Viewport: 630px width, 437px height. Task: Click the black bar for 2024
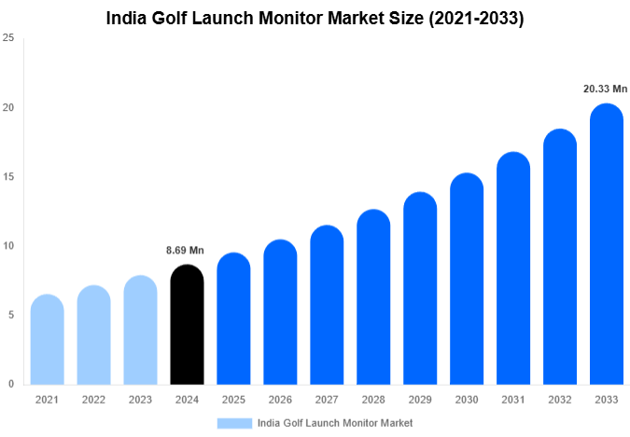point(187,325)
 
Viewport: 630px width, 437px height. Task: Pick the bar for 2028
point(373,297)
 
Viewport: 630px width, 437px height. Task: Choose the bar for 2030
point(467,280)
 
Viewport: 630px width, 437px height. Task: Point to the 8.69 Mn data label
point(185,251)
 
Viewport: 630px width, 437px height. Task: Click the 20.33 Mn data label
point(605,89)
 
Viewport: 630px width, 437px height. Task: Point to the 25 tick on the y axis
point(8,38)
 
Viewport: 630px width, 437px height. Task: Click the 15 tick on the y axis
point(8,177)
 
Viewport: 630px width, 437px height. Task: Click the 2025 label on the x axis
point(233,400)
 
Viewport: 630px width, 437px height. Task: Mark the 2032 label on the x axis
point(560,400)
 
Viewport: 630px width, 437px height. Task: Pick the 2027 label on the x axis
point(327,400)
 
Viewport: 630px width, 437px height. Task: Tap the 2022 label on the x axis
point(93,400)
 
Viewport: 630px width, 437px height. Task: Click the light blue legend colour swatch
point(234,423)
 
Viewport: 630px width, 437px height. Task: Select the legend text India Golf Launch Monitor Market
point(335,423)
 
